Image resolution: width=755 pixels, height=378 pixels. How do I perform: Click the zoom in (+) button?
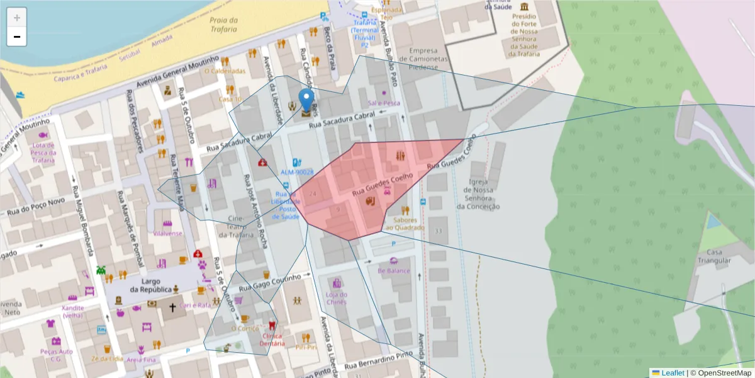(x=17, y=18)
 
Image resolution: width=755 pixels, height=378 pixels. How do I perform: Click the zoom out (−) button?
(x=17, y=37)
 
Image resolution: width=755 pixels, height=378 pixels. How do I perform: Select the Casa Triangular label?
(x=713, y=256)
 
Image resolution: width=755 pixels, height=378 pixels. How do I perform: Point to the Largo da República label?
(x=151, y=285)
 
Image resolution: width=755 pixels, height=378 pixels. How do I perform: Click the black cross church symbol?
(x=172, y=309)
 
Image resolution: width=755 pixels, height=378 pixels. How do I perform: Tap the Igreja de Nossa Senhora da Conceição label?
(x=479, y=194)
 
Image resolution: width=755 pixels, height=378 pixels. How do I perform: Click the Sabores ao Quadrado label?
(x=405, y=224)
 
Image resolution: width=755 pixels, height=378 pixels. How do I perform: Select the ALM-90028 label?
(x=297, y=172)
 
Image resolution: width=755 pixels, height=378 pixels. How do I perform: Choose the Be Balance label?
(x=394, y=271)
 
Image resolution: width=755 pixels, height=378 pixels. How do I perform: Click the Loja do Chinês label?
(x=337, y=298)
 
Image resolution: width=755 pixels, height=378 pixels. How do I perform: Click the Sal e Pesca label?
(x=384, y=103)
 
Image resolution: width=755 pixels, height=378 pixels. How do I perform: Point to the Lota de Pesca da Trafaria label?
(x=43, y=152)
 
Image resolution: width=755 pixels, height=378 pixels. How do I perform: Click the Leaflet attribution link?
(x=672, y=373)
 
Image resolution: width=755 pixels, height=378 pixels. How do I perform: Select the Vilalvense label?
(x=167, y=232)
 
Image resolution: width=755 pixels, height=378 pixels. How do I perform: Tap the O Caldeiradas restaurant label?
(x=224, y=71)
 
